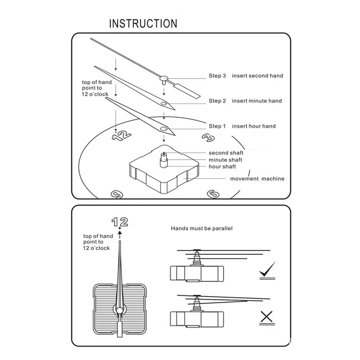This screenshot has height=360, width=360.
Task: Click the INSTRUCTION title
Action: coord(143,23)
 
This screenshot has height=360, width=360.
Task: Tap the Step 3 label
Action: coord(217,76)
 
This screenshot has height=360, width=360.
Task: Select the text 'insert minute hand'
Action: coord(256,101)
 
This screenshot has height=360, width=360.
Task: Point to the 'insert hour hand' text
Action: coord(254,126)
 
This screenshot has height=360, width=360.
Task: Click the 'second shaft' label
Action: coord(226,153)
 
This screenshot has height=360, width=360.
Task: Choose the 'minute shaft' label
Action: coord(225,160)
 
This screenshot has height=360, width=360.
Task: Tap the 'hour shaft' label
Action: coord(222,166)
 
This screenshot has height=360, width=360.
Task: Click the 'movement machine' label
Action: coord(257,179)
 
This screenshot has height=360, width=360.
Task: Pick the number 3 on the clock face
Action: coord(208,138)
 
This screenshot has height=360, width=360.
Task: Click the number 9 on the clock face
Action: coord(117,194)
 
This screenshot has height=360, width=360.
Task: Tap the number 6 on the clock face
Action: coord(213,194)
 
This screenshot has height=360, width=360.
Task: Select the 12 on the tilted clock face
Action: coord(121,136)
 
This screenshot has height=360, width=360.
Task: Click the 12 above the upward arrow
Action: coord(120,222)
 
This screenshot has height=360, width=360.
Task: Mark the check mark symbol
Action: coord(267,269)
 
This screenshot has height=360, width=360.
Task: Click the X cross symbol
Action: coord(266,317)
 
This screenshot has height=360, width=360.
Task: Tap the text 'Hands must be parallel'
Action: coord(202,229)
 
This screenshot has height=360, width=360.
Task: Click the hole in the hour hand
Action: coord(164,129)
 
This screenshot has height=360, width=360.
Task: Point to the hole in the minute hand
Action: coord(164,104)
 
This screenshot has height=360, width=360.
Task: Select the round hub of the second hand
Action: coord(164,78)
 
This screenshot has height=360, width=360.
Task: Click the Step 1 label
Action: coord(217,126)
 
